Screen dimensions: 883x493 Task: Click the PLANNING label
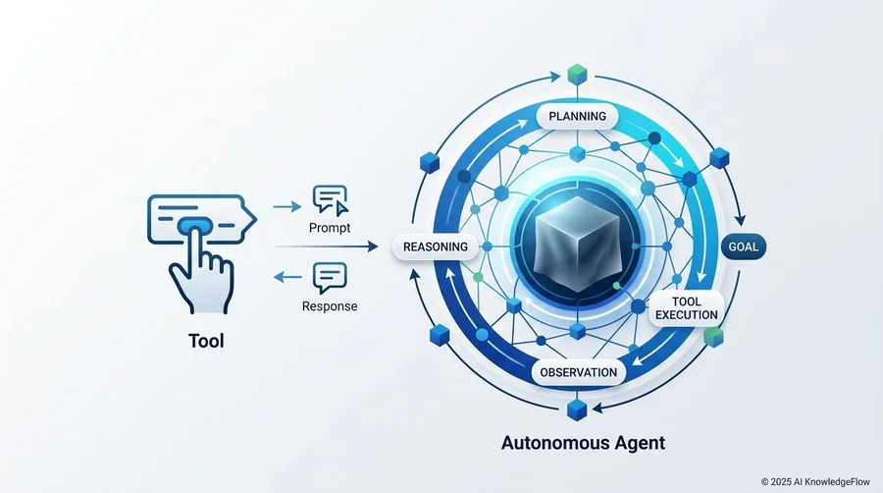pyautogui.click(x=577, y=116)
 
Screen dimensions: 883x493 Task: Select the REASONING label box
pyautogui.click(x=436, y=246)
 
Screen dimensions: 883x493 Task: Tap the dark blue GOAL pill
pyautogui.click(x=744, y=246)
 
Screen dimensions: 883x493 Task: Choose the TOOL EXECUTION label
pyautogui.click(x=687, y=308)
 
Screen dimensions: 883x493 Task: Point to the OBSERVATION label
pyautogui.click(x=578, y=372)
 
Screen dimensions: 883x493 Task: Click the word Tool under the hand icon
pyautogui.click(x=206, y=341)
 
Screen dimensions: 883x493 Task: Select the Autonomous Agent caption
pyautogui.click(x=584, y=443)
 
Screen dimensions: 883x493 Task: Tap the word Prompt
pyautogui.click(x=330, y=228)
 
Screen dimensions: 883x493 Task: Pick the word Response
pyautogui.click(x=330, y=306)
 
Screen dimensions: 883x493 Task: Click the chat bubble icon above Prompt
pyautogui.click(x=331, y=200)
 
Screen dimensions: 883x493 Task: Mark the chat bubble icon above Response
pyautogui.click(x=330, y=278)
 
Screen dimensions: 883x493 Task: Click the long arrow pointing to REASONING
pyautogui.click(x=326, y=246)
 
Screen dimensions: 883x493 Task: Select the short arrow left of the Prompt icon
pyautogui.click(x=287, y=207)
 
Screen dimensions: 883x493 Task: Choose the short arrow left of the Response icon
pyautogui.click(x=287, y=277)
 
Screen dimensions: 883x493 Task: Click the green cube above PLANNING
pyautogui.click(x=577, y=75)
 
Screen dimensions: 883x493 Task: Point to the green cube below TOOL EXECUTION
pyautogui.click(x=713, y=337)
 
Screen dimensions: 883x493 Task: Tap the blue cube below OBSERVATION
pyautogui.click(x=577, y=410)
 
